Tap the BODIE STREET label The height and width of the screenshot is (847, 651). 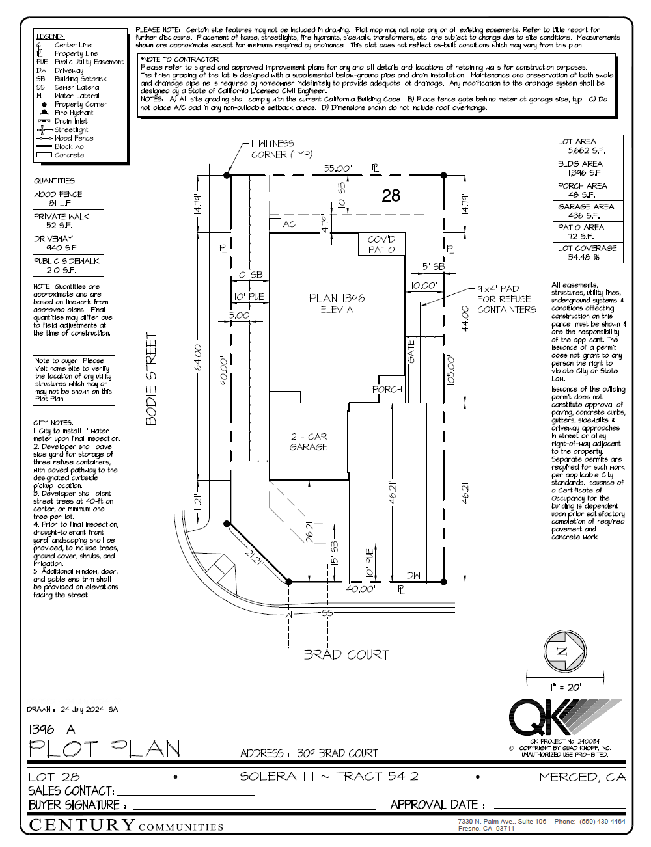coord(151,379)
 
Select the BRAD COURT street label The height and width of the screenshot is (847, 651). coord(346,654)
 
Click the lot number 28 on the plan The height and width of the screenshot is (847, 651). coord(391,195)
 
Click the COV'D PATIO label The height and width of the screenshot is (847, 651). coord(381,245)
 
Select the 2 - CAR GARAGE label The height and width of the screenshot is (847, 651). coord(309,442)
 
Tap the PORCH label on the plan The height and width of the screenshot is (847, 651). coord(387,389)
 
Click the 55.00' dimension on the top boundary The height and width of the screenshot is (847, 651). coord(338,168)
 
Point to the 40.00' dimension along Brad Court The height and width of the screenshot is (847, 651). coord(360,589)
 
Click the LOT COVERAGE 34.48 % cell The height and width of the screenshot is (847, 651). coord(587,252)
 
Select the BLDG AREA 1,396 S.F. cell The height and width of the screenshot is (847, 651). coord(587,168)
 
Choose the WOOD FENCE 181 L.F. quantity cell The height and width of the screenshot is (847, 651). coord(68,198)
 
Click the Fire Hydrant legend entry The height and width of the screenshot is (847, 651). coord(73,113)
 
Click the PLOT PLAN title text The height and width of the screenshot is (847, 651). coord(104,749)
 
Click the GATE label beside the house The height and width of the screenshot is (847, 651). coord(411,351)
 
